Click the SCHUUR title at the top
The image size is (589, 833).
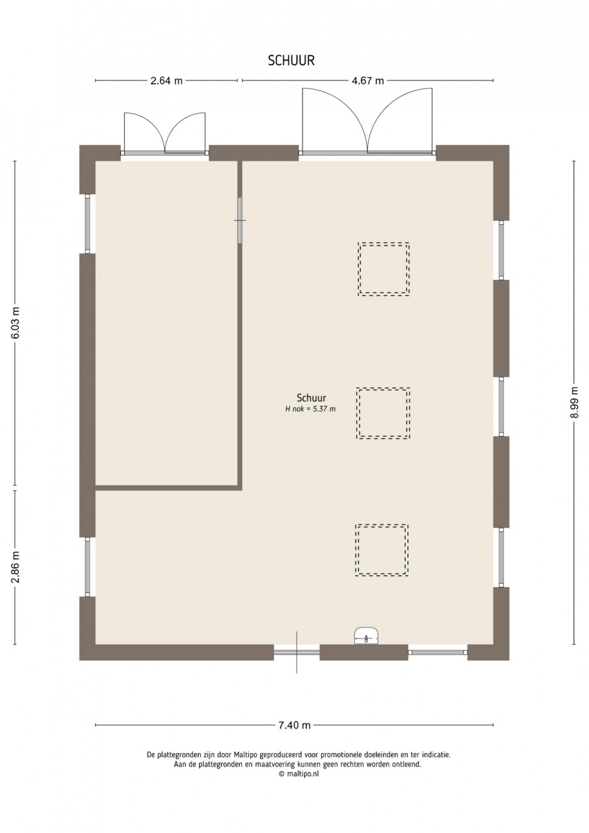291,61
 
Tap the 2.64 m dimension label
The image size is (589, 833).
166,81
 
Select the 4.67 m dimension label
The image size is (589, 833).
368,81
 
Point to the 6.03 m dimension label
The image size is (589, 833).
15,323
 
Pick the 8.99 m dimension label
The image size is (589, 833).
575,403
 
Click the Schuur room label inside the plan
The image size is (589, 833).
311,398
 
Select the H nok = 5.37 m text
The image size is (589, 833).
310,409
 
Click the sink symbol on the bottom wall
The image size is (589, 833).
366,636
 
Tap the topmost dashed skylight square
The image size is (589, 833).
384,269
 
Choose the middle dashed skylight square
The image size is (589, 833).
383,413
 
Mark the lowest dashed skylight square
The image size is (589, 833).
381,550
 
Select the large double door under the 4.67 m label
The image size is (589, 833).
368,121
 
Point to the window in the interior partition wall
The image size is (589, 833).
240,220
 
